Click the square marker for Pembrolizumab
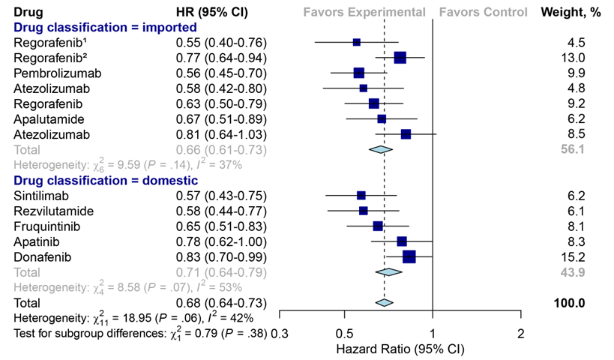tap(358, 73)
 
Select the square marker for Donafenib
tap(409, 256)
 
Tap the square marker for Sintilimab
tap(361, 195)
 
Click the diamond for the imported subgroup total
tap(381, 150)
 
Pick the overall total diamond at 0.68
tap(384, 303)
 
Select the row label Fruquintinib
tap(46, 226)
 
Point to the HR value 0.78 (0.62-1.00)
tap(220, 241)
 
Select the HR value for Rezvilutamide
tap(220, 211)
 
